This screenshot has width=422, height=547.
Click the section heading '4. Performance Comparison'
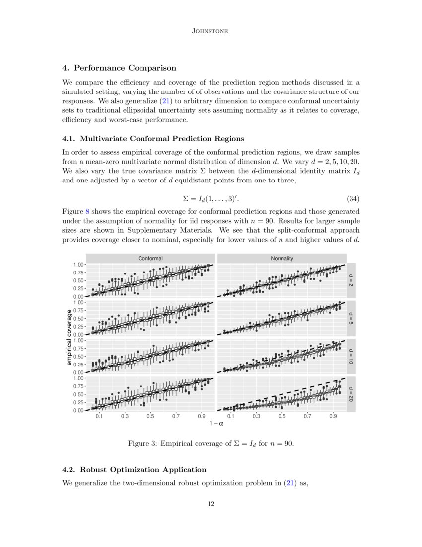[x=119, y=68]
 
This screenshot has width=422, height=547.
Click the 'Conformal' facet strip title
[x=150, y=258]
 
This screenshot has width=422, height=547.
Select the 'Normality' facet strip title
[x=281, y=258]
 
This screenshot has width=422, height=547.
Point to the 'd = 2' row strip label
[x=351, y=280]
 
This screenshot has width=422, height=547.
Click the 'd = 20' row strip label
[x=351, y=394]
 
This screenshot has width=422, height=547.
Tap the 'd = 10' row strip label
[x=351, y=356]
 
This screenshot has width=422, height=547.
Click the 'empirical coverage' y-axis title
[x=70, y=337]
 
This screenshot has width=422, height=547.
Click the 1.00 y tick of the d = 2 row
[x=78, y=265]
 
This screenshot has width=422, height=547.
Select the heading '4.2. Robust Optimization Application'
[x=134, y=469]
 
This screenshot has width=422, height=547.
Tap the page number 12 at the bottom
[x=211, y=504]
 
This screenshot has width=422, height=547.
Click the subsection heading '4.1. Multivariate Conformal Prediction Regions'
[x=153, y=138]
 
